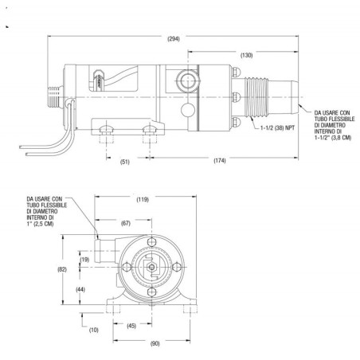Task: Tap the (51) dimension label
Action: pos(125,161)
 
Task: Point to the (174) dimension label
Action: pos(221,161)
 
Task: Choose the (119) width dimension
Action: pos(143,199)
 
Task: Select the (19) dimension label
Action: pos(86,260)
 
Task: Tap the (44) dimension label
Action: pos(80,290)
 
